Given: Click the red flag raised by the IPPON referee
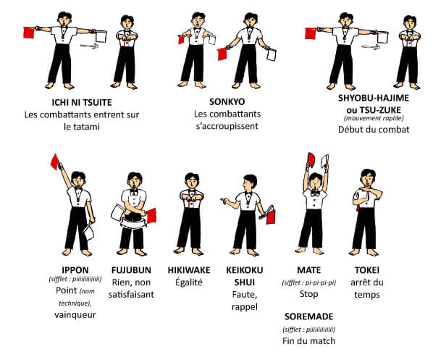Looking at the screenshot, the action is (x=55, y=162).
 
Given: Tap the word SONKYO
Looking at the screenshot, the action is (x=227, y=101).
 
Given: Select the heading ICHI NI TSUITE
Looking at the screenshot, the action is (x=82, y=103).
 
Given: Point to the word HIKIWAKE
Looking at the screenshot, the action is (x=189, y=270).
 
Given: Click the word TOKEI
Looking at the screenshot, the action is (x=367, y=270).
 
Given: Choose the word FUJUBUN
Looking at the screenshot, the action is (x=131, y=270).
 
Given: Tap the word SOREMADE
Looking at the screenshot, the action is (x=308, y=317).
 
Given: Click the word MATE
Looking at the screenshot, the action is (x=308, y=270).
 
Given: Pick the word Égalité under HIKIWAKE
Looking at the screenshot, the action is (x=189, y=282).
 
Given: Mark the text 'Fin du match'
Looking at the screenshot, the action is (x=308, y=341).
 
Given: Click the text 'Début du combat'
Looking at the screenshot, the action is (x=374, y=130).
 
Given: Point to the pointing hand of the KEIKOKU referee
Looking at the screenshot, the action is (x=224, y=201).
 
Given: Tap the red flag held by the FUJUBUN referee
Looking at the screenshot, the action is (x=151, y=216).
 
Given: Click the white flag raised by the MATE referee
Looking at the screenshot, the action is (x=325, y=161).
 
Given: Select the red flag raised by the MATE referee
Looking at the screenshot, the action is (x=311, y=159).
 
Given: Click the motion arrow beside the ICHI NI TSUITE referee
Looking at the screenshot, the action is (x=89, y=46).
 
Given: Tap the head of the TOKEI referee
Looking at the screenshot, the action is (x=368, y=177).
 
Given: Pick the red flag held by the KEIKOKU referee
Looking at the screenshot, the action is (x=271, y=216).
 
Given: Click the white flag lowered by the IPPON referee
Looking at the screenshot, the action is (x=89, y=233).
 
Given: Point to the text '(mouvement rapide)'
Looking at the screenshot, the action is (x=374, y=118).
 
